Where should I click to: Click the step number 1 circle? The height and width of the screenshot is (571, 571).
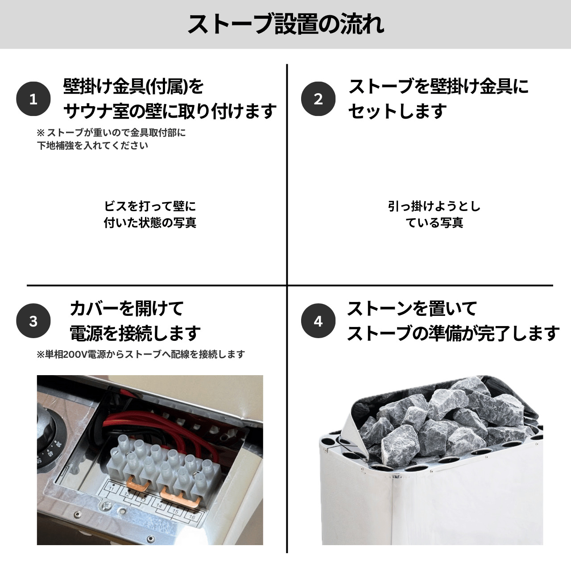click(33, 99)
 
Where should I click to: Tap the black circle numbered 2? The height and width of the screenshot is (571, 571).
click(318, 99)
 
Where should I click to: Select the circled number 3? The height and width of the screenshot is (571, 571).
click(33, 321)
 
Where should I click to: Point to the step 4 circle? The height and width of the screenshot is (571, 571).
click(318, 321)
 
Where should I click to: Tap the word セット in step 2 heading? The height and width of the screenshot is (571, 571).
click(373, 111)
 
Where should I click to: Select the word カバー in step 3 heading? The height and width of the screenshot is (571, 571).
click(94, 308)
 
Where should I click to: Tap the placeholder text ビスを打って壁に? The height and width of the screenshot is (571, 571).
click(150, 206)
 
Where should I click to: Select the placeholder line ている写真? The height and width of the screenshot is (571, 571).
click(434, 223)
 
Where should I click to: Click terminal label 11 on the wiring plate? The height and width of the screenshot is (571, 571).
click(112, 488)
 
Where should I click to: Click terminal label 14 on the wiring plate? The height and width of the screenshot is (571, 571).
click(159, 505)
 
